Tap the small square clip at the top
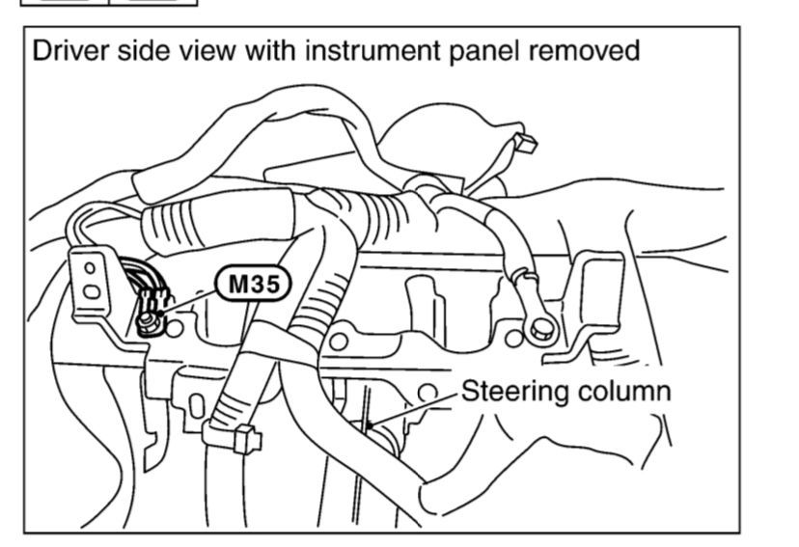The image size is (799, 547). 525,146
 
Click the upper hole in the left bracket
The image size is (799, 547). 90,267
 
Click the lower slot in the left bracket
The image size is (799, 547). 92,291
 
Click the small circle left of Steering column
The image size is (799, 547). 427,390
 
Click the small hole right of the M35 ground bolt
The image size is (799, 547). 176,330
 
